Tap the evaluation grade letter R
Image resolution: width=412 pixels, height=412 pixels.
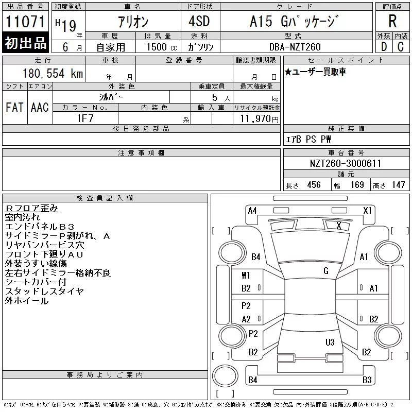click(x=392, y=22)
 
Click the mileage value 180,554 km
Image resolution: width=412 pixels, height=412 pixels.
click(x=53, y=74)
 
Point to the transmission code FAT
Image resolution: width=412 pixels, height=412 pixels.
click(x=14, y=108)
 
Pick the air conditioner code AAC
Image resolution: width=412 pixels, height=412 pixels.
click(x=40, y=108)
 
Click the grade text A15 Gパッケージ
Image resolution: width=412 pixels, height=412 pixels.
click(x=294, y=22)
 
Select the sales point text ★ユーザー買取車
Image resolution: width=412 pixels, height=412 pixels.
click(x=315, y=72)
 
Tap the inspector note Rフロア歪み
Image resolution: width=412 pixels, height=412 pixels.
click(x=31, y=208)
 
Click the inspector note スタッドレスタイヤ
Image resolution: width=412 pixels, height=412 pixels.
click(x=44, y=291)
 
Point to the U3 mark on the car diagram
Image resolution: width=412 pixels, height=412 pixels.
click(x=330, y=342)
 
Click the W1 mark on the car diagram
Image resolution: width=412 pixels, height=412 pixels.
click(x=246, y=275)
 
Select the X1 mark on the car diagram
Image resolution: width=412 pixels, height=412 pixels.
click(x=367, y=210)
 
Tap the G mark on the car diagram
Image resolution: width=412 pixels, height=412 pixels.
click(x=325, y=271)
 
